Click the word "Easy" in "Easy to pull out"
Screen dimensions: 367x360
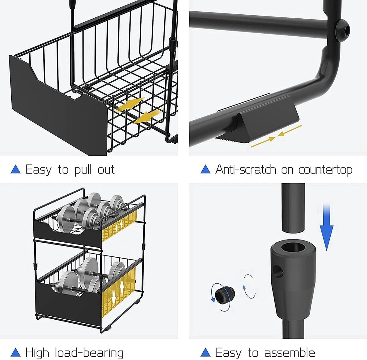[38, 169]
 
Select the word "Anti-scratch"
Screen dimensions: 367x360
[246, 169]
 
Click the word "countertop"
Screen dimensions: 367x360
[325, 170]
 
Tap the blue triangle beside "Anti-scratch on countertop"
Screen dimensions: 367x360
[206, 169]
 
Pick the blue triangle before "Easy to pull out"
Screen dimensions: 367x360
[16, 169]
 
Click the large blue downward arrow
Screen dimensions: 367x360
[326, 226]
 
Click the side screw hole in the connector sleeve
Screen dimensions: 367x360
[278, 271]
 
